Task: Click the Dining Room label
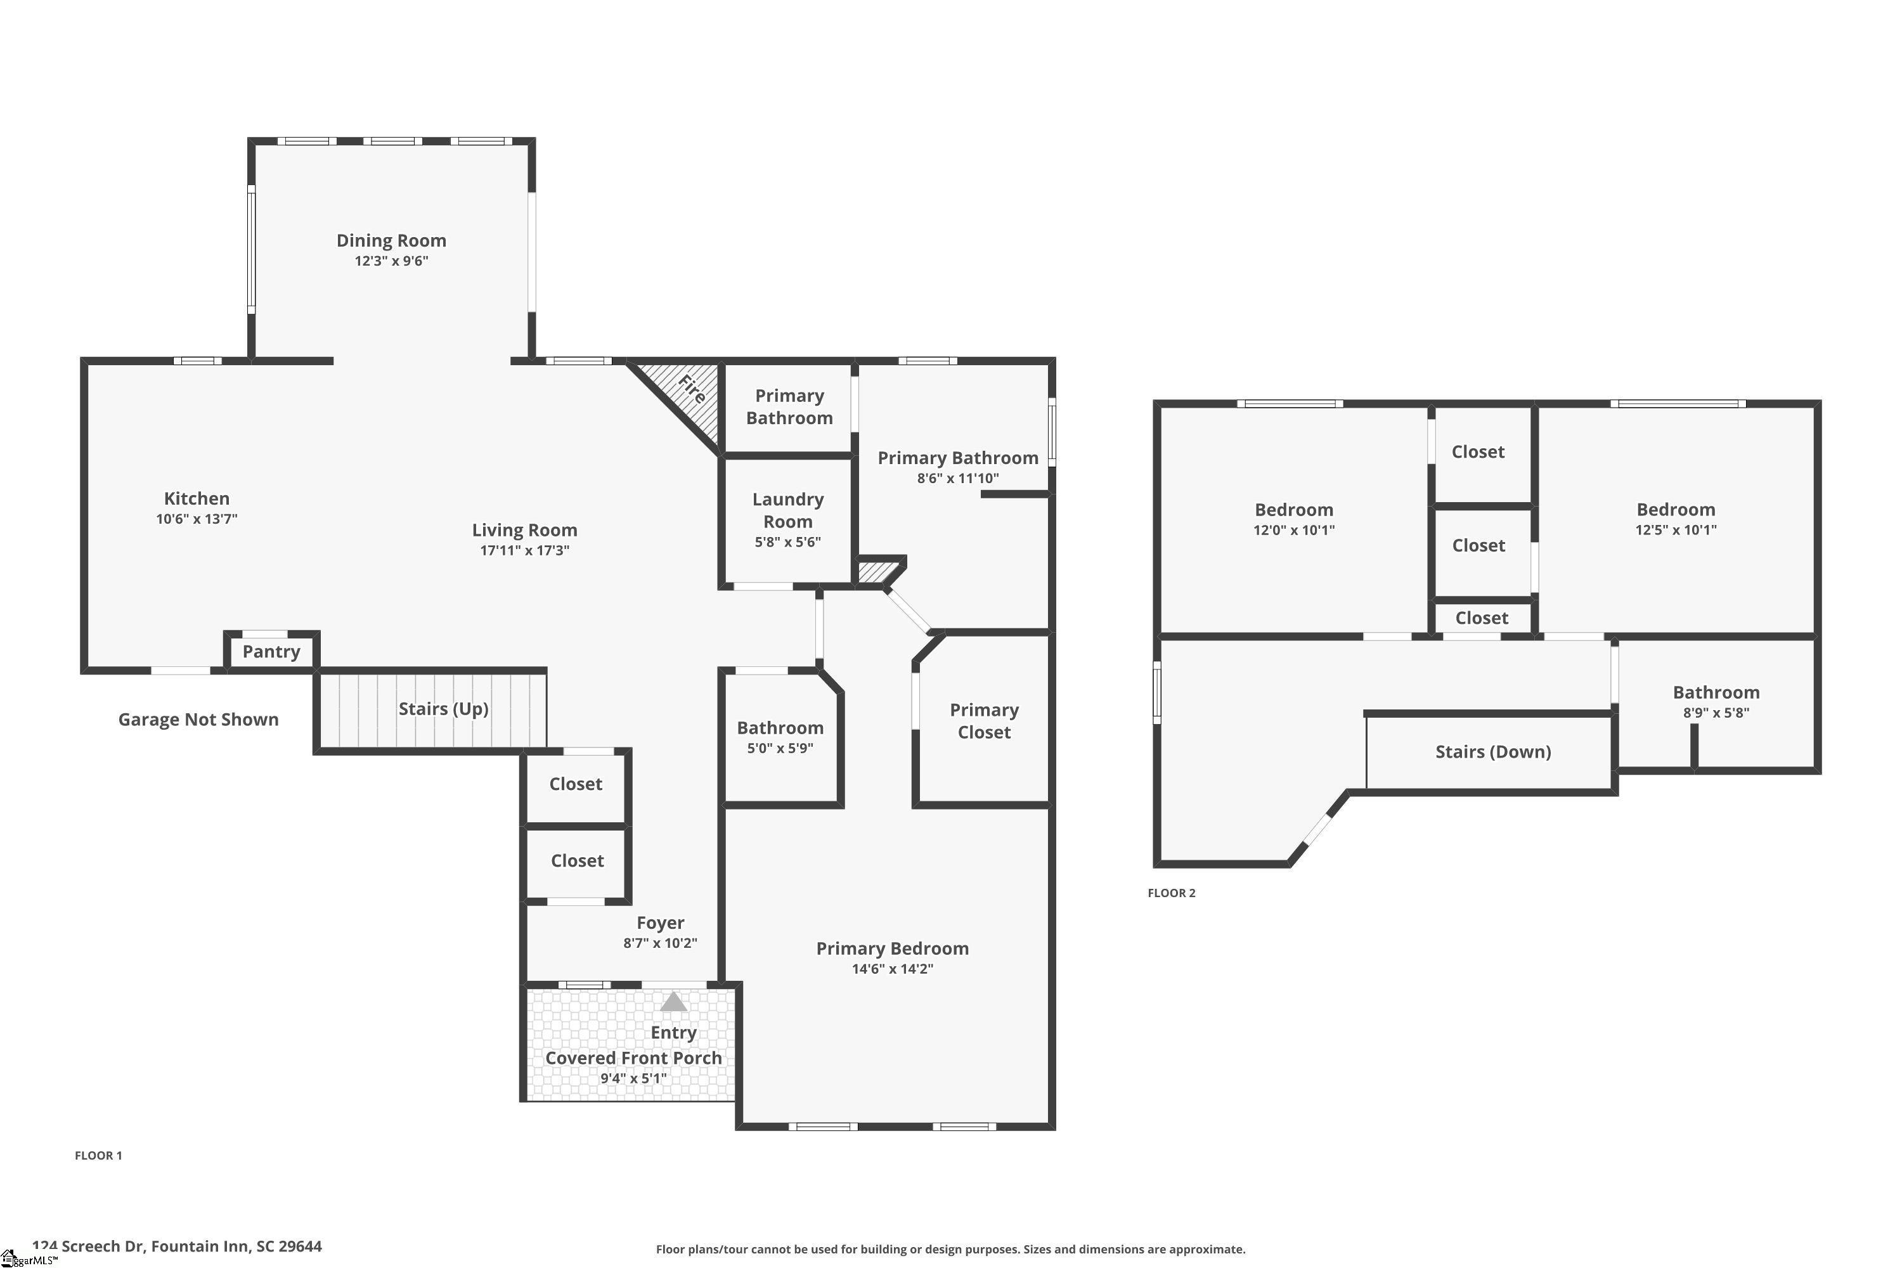391,240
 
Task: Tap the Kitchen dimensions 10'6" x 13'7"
197,519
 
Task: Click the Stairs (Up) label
443,708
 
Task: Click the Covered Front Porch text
633,1058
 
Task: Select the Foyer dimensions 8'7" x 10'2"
660,943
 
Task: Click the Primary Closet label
984,720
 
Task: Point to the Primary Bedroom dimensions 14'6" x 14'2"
892,969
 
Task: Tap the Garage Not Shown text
198,719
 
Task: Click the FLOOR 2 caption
1171,893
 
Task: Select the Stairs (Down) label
1493,751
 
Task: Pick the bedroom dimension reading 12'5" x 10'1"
1676,529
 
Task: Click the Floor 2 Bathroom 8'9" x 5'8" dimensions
1716,713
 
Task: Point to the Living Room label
525,529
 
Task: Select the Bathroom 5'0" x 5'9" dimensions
780,748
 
